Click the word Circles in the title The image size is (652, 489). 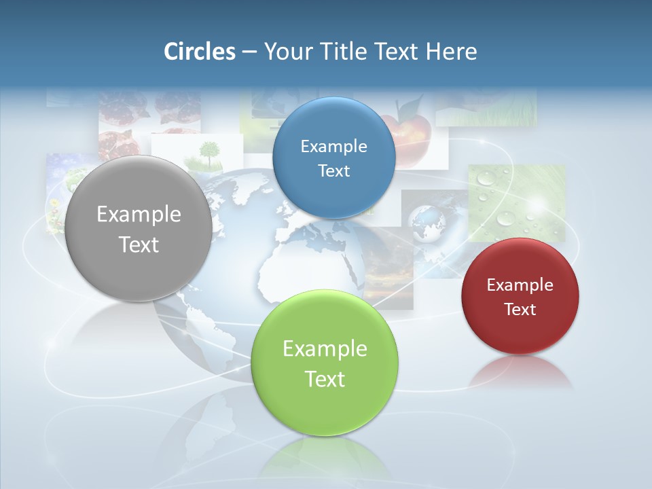coord(199,52)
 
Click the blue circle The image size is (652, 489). coord(333,158)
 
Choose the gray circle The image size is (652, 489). coord(139,229)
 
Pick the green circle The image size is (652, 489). coord(325,363)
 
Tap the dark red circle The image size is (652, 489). coord(520,296)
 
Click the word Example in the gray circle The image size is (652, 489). coord(139,215)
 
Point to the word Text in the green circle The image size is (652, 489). coord(325,379)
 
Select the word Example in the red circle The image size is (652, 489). coord(520,285)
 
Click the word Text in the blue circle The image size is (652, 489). coord(333,171)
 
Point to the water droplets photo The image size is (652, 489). coord(516,200)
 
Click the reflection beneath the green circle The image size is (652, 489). coord(325,455)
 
